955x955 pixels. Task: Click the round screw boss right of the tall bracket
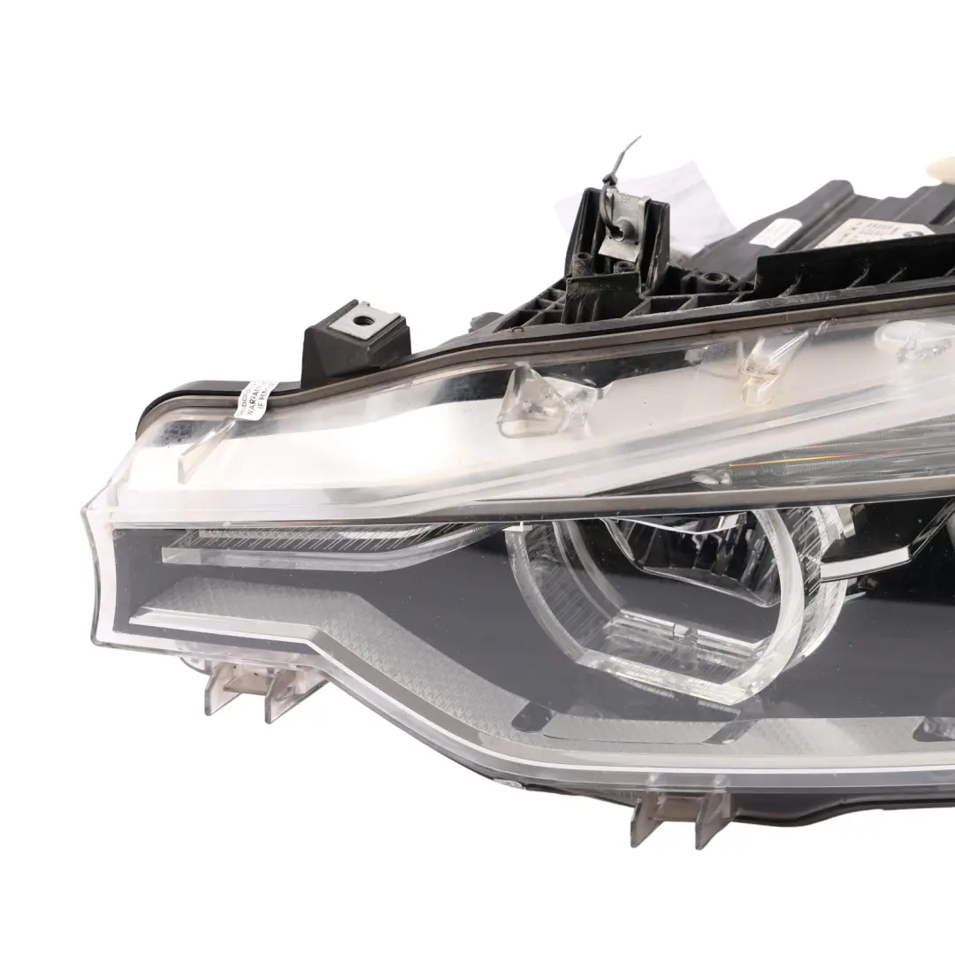coord(707,283)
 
